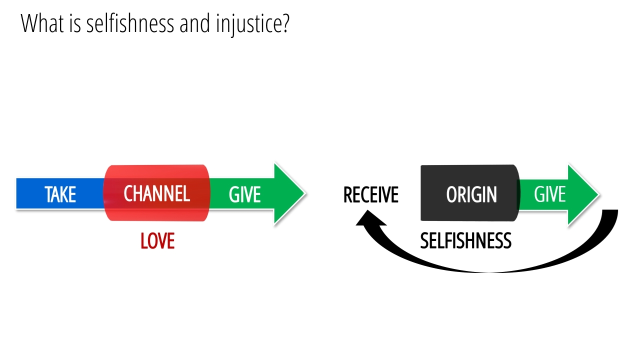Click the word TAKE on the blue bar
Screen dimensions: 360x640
click(x=60, y=194)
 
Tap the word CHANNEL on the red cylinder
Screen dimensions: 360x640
click(x=156, y=194)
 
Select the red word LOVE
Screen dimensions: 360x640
click(x=157, y=241)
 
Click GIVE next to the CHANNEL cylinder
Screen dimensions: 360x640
click(x=244, y=194)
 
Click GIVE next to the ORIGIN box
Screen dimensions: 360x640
click(x=549, y=194)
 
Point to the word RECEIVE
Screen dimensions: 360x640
click(x=370, y=194)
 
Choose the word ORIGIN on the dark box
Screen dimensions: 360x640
click(x=471, y=194)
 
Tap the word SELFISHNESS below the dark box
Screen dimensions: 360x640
click(x=465, y=241)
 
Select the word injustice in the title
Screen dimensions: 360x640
click(x=248, y=24)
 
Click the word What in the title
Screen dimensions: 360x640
click(x=43, y=23)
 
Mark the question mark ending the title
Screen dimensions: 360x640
click(x=285, y=23)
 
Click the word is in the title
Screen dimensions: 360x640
click(x=75, y=23)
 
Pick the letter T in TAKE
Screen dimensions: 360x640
click(x=48, y=194)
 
